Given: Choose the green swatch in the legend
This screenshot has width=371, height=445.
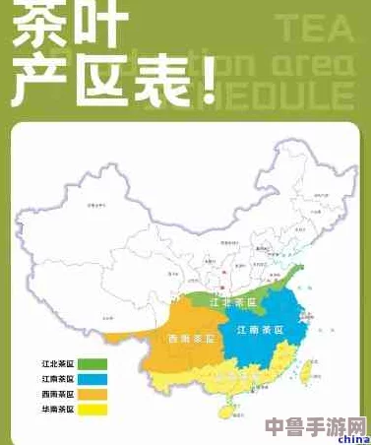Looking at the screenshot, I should pyautogui.click(x=93, y=365).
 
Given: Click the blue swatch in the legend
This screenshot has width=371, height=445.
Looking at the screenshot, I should pyautogui.click(x=93, y=379).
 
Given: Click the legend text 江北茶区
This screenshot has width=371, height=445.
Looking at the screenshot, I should pyautogui.click(x=57, y=365).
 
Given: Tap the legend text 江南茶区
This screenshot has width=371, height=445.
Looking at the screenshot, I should pyautogui.click(x=57, y=379).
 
